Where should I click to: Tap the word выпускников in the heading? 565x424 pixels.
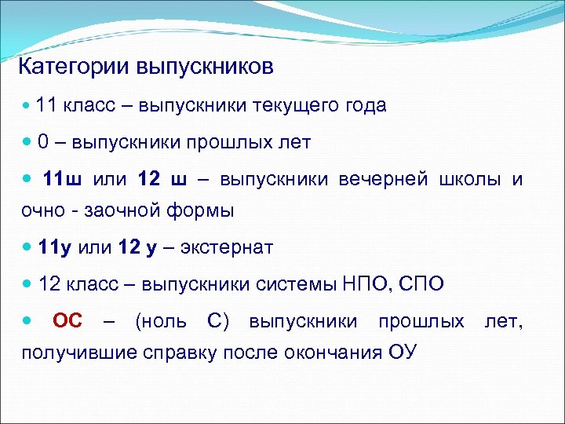[x=206, y=67]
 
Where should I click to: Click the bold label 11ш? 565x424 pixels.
[x=61, y=179]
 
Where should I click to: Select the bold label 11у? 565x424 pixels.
[x=55, y=248]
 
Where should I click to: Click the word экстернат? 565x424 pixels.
[x=227, y=248]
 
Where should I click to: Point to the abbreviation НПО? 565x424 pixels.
[x=362, y=284]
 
